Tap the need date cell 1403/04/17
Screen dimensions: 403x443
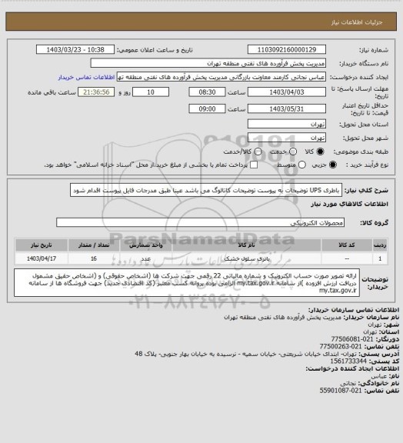point(42,258)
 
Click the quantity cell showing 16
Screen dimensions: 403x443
point(94,258)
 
